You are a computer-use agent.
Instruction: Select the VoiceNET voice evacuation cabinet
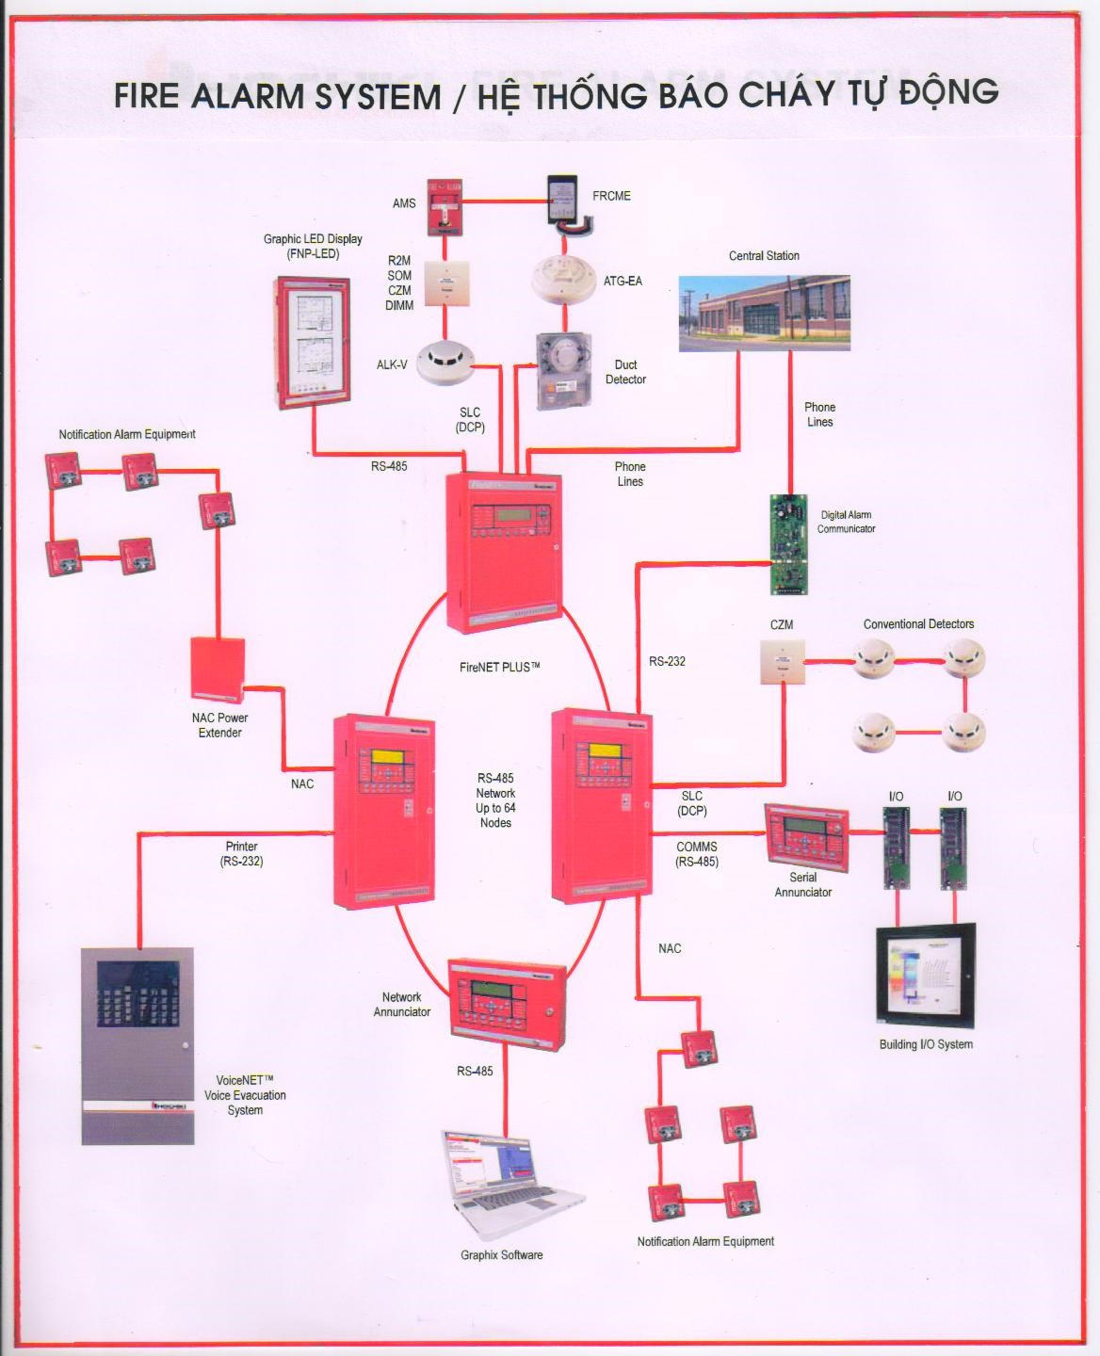point(137,1045)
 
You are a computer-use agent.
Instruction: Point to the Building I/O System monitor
point(926,977)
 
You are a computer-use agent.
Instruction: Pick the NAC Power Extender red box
point(218,670)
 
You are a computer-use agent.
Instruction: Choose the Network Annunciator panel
point(507,1002)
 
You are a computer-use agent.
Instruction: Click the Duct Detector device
point(562,370)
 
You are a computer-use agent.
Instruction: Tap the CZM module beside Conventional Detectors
point(783,660)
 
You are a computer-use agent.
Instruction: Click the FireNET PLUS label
point(500,668)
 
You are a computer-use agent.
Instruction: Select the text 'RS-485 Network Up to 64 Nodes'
point(495,800)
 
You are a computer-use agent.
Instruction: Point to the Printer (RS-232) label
point(241,853)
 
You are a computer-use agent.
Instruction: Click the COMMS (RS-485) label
point(697,854)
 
